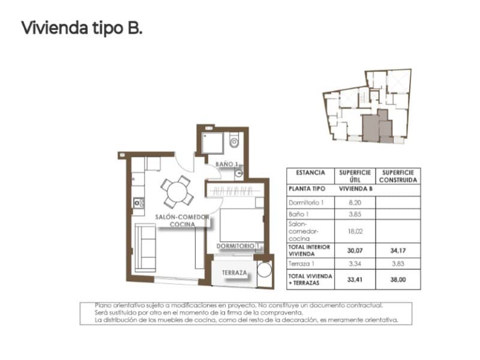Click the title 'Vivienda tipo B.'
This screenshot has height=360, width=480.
coord(82,28)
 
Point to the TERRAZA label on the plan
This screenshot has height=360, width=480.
coord(234,272)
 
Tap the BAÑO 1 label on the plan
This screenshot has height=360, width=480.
coord(227,164)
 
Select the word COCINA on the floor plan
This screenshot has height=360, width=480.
coord(182,224)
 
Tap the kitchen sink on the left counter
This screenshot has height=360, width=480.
coord(137,203)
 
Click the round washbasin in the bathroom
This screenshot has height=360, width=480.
coord(239,173)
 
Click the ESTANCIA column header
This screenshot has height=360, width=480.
coord(310,172)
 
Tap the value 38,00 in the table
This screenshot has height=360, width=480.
coord(399,278)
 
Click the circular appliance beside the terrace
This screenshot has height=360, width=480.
coord(265,269)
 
